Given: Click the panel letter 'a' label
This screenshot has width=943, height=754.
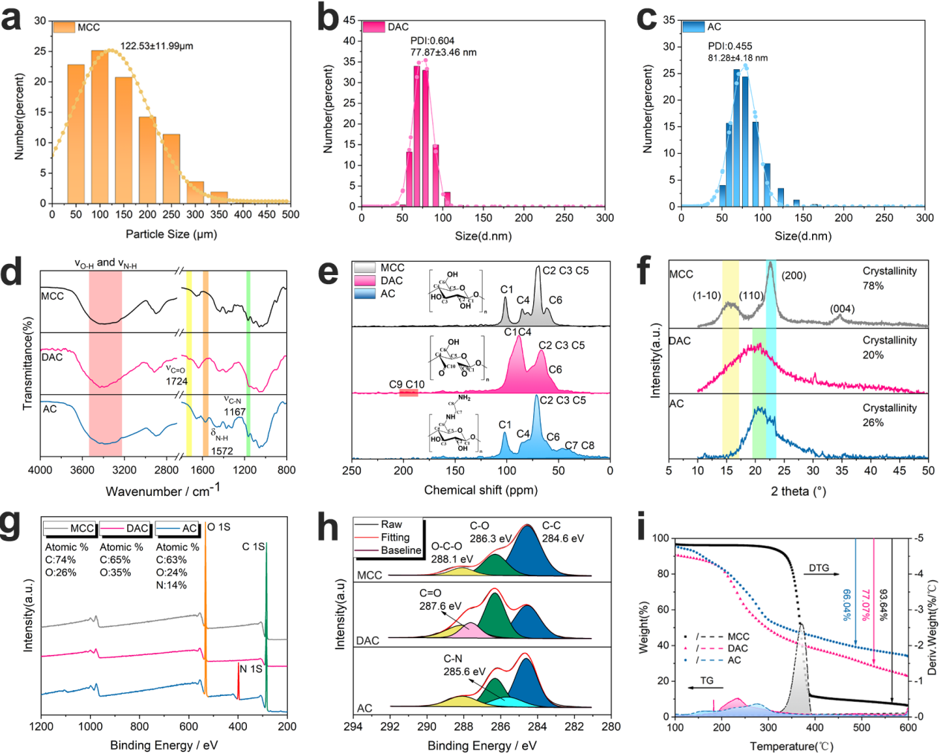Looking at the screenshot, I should click(x=12, y=18).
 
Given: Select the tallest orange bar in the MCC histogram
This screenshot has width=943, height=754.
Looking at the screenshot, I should click(x=100, y=126).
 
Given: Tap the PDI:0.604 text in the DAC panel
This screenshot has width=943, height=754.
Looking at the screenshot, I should click(x=433, y=41).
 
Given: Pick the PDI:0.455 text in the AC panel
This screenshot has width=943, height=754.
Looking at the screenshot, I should click(x=730, y=46).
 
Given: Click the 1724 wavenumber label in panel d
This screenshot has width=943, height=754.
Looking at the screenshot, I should click(x=177, y=381).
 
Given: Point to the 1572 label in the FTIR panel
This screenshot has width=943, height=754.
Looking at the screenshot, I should click(x=222, y=451).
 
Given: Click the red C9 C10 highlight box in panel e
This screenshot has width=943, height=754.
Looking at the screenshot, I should click(x=408, y=393).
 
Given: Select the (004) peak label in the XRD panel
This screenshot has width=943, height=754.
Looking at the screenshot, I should click(x=843, y=309).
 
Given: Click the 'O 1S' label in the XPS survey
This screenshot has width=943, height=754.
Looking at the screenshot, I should click(x=219, y=527).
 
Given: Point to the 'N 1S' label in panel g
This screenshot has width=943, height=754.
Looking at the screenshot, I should click(x=251, y=669).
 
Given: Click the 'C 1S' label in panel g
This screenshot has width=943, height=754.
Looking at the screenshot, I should click(x=253, y=547).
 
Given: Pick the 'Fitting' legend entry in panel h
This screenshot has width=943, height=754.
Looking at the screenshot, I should click(x=395, y=537).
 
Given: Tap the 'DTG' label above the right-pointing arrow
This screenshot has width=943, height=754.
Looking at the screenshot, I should click(x=819, y=568).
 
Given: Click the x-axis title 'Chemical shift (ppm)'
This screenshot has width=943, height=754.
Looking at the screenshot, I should click(x=480, y=490).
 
